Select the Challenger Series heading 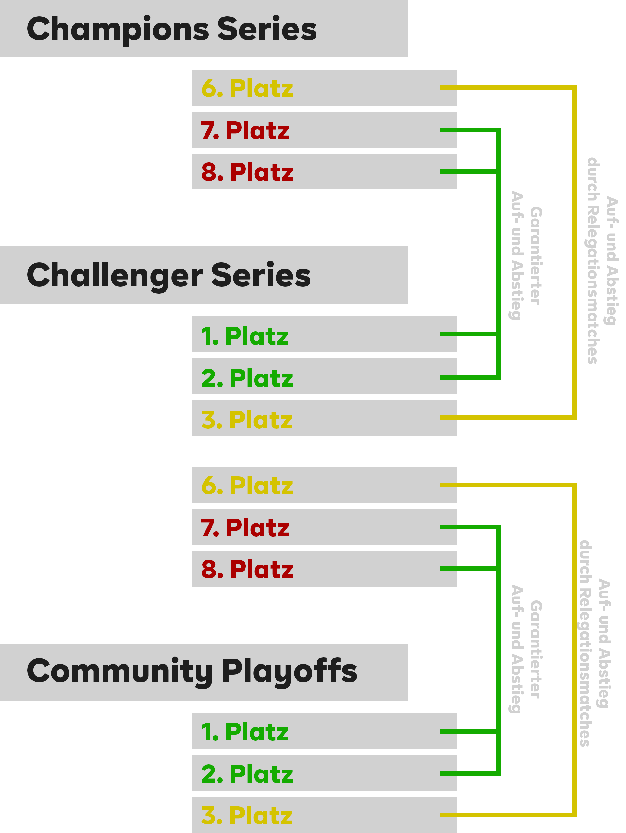coord(169,275)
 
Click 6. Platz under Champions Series coord(247,89)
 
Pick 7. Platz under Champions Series coord(245,130)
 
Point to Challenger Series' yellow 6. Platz coord(247,486)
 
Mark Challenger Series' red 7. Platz coord(245,528)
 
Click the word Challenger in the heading coord(115,275)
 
